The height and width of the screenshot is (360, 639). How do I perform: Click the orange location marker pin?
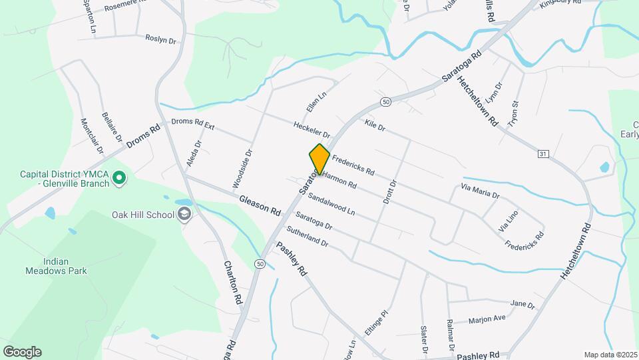click(x=319, y=159)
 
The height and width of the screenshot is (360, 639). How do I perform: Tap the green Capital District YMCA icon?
click(x=119, y=178)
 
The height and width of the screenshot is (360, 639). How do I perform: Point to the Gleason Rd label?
click(x=260, y=205)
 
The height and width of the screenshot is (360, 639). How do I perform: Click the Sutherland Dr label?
click(x=307, y=238)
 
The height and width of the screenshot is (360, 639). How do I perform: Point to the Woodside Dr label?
click(x=243, y=168)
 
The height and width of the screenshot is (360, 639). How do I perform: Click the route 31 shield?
click(x=544, y=154)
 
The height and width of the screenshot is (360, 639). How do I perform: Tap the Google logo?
click(x=22, y=352)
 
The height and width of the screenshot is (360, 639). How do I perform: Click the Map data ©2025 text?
click(x=610, y=355)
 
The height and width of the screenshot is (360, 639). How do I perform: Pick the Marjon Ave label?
click(x=487, y=319)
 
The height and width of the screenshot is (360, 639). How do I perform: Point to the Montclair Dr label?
click(x=92, y=135)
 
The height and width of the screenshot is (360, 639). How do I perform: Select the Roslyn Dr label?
click(x=160, y=39)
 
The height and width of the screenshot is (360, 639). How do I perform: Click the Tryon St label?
click(x=513, y=114)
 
